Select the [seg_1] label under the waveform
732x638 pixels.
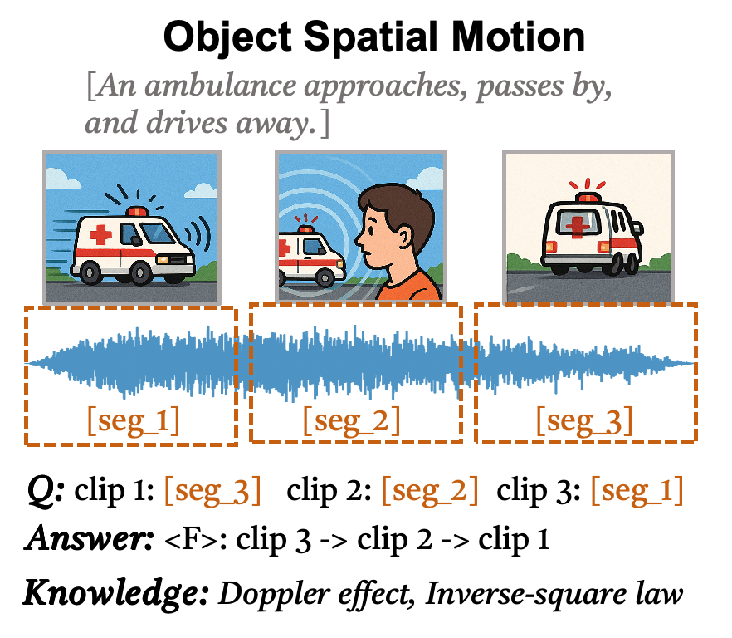tap(133, 422)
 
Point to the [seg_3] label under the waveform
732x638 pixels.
tap(584, 422)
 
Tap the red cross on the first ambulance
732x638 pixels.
tap(100, 234)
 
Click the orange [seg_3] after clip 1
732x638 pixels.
tap(212, 492)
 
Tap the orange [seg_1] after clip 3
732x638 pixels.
tap(637, 492)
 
